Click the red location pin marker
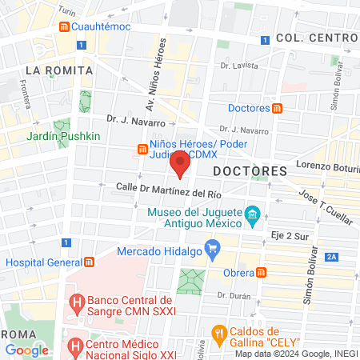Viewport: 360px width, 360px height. [180, 165]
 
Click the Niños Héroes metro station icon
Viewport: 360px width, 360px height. [142, 149]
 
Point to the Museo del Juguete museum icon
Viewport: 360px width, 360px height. [251, 214]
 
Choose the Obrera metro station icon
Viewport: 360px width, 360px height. [261, 272]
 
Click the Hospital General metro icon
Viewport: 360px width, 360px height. [89, 262]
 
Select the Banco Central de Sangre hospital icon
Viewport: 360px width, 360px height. [77, 304]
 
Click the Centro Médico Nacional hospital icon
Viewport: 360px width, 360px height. [76, 346]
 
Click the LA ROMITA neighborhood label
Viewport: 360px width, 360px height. [54, 70]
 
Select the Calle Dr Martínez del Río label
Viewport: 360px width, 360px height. [167, 189]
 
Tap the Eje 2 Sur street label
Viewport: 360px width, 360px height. [290, 236]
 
